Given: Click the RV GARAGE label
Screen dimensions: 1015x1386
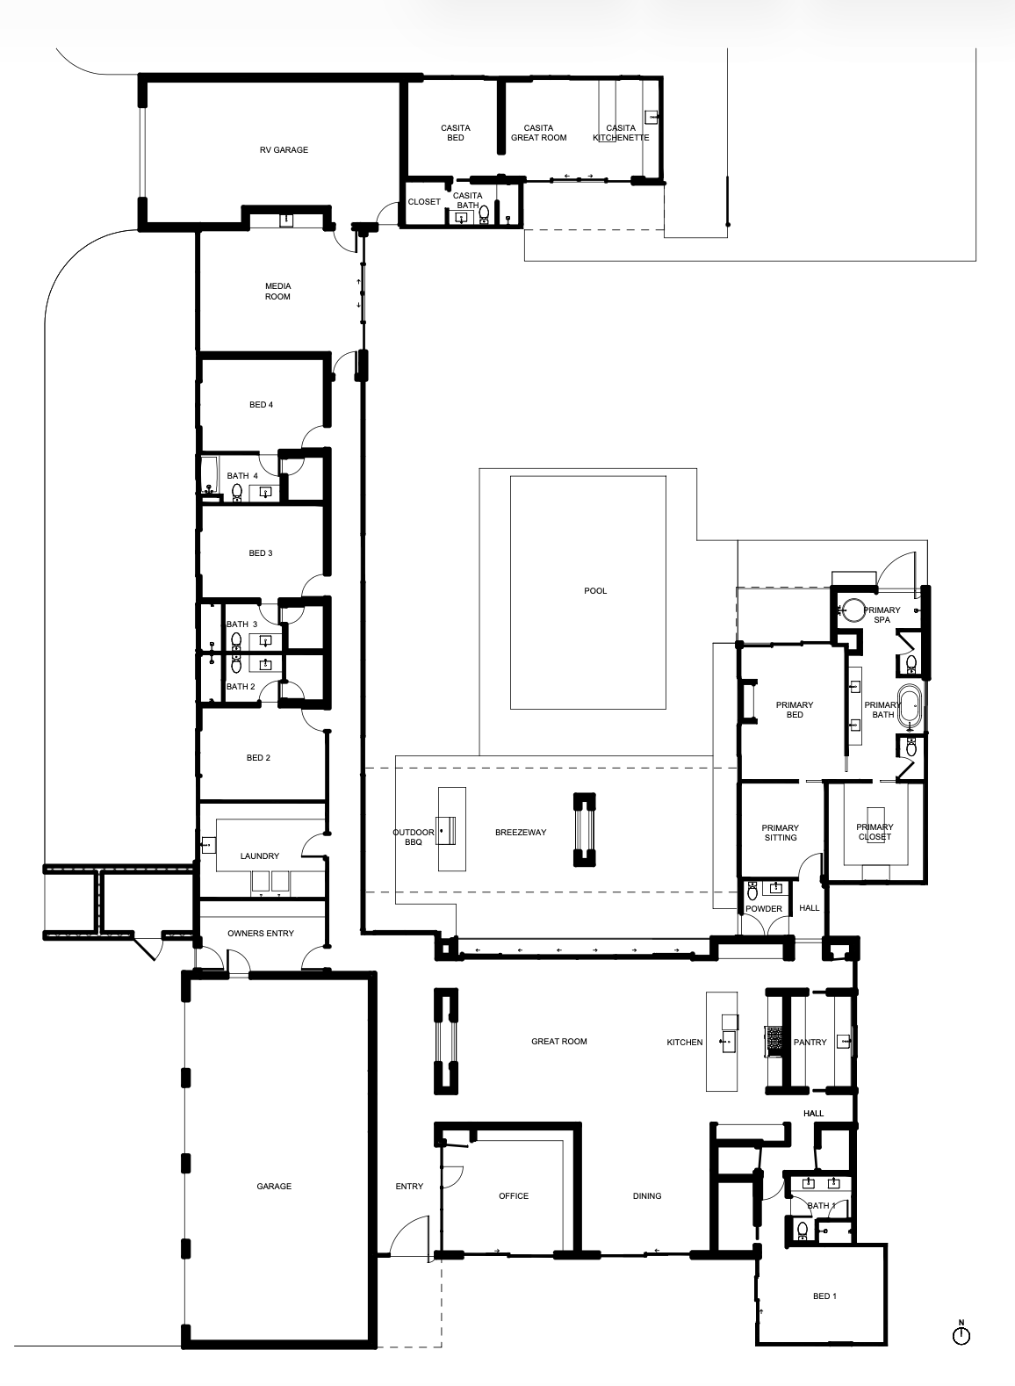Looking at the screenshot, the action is (284, 149).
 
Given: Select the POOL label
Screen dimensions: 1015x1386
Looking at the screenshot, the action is (595, 591).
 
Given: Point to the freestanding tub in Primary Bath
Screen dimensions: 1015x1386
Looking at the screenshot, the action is (911, 706).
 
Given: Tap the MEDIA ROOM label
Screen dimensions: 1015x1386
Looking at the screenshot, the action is (277, 292).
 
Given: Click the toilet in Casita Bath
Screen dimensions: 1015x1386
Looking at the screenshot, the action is (484, 213).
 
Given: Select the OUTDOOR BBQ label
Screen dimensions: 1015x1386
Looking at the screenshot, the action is (414, 837).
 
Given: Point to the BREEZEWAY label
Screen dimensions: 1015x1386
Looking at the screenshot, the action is (521, 833).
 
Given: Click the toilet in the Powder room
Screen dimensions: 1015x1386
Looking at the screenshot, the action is (752, 891).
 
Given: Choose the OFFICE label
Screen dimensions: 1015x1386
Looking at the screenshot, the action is (514, 1196).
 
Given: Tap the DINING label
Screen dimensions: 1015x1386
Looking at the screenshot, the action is (647, 1196).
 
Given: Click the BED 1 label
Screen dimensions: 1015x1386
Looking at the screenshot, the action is (824, 1296).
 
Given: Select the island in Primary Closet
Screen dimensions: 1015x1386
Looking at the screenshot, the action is (875, 823).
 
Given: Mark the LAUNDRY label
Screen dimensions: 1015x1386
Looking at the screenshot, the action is (260, 855).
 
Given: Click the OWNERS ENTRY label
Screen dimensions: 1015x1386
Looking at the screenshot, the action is (261, 933).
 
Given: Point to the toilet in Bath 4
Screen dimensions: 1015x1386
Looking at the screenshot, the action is (236, 492).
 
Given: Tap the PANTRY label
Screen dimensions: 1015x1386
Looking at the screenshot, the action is (810, 1042).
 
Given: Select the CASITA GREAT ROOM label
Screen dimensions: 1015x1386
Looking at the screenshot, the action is (539, 133).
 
